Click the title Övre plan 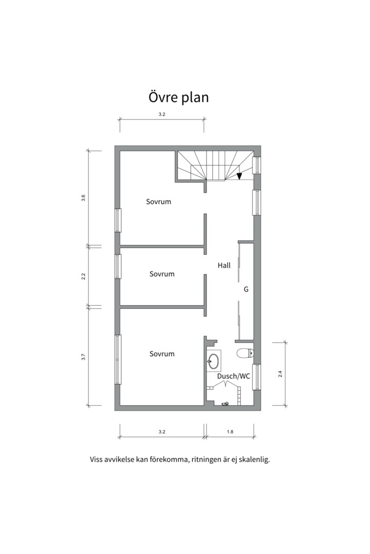pos(179,97)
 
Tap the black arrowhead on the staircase pos(239,176)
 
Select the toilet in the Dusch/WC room pos(244,353)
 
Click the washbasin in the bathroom pos(213,361)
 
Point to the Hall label pos(224,265)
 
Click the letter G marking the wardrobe pos(246,289)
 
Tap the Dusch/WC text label pos(233,376)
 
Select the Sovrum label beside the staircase pos(158,202)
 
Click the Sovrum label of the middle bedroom pos(162,274)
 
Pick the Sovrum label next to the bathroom pos(162,353)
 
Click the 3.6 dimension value pos(83,198)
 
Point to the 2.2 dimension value pos(83,276)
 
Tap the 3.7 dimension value pos(83,357)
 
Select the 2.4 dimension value pos(280,374)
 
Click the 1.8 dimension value pos(230,432)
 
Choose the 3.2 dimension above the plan pos(162,114)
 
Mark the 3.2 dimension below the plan pos(162,432)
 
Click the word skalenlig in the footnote pos(253,459)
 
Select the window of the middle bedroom pos(118,267)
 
